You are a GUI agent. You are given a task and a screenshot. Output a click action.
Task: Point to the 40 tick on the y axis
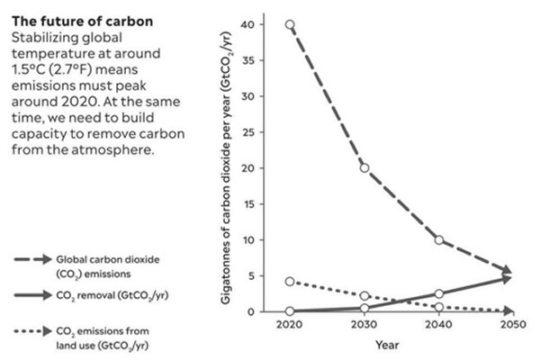click(258, 24)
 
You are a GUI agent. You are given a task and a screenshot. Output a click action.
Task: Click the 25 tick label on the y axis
click(258, 132)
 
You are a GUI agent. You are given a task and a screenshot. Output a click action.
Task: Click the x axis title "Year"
click(386, 345)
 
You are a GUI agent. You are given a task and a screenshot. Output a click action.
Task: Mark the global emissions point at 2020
click(289, 25)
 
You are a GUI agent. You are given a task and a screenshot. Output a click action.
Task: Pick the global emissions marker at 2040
click(438, 240)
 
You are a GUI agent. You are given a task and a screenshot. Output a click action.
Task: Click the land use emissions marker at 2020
click(289, 282)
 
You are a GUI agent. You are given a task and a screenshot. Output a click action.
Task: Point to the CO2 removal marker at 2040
click(438, 294)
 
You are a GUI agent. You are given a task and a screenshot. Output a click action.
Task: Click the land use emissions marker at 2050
click(508, 310)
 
